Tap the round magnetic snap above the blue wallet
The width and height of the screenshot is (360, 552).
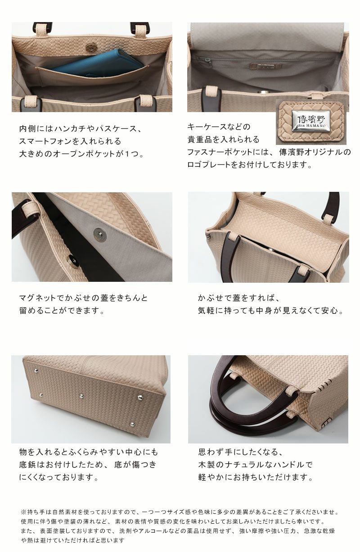[90, 48]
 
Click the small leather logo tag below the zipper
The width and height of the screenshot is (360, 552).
[265, 66]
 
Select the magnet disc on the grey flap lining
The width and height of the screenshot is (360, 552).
[100, 234]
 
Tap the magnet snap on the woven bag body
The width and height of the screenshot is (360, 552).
[72, 260]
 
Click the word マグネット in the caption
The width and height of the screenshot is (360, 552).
[37, 298]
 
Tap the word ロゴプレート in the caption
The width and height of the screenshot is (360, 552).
[209, 164]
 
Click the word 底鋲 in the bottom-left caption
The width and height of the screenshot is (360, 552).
[27, 465]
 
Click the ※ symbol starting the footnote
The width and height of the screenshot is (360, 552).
[24, 512]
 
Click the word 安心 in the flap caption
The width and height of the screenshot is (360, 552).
[330, 311]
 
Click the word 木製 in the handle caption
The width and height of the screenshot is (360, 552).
[207, 465]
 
